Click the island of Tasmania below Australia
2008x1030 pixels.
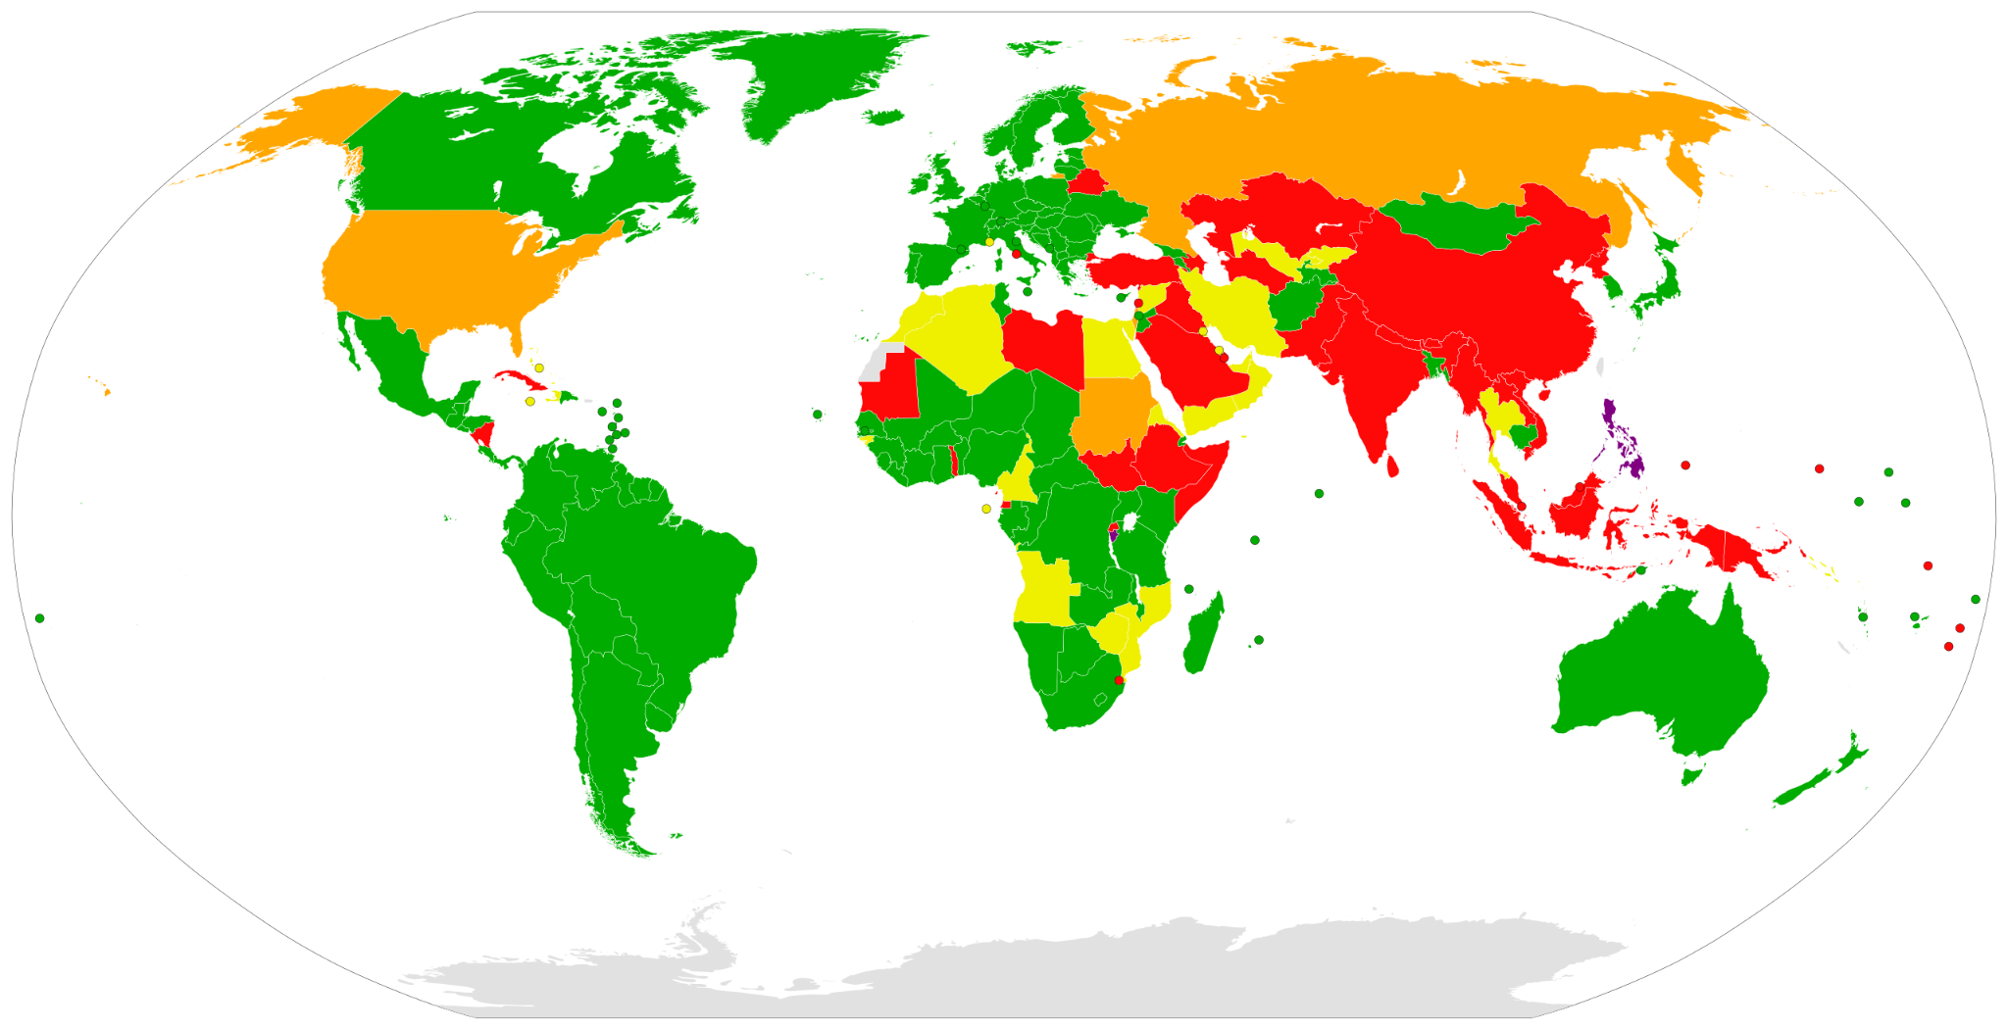[x=1691, y=776]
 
